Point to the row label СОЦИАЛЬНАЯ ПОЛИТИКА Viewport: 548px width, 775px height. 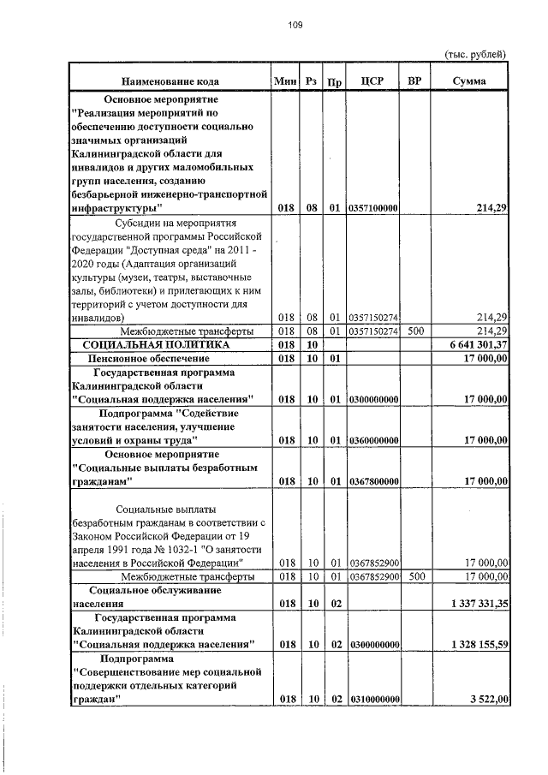coord(156,344)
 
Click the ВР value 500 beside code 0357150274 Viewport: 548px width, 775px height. coord(414,331)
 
